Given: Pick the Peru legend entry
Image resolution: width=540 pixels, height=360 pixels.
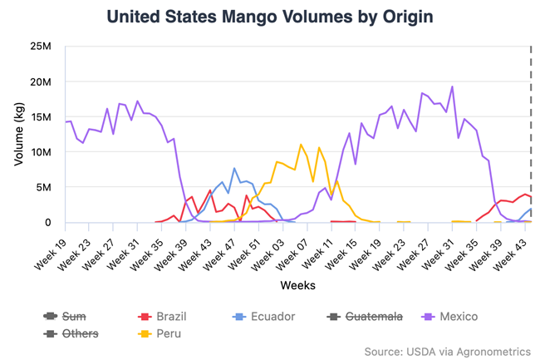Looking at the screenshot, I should tap(165, 333).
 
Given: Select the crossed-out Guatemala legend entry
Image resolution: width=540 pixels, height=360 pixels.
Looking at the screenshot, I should tap(366, 316).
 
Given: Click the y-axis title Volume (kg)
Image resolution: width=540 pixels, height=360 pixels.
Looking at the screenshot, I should tap(18, 134).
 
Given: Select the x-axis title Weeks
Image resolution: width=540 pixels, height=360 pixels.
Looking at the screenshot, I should tap(297, 285).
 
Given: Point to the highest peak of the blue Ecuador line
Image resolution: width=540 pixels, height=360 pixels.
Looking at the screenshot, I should tap(234, 168).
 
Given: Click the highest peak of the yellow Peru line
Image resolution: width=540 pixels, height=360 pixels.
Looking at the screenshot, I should tap(301, 145).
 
